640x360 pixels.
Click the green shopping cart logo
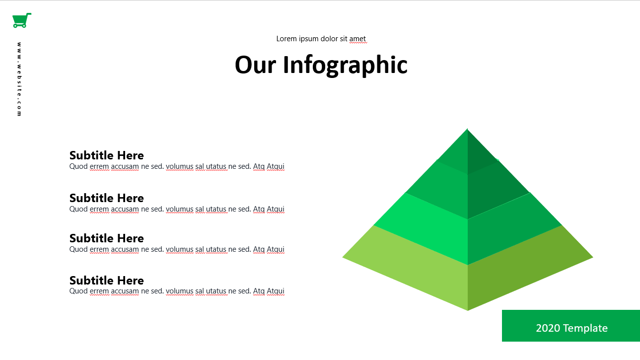click(x=22, y=20)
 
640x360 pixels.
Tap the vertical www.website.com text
click(x=19, y=79)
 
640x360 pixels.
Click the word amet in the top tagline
click(x=357, y=39)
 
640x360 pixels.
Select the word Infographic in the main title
click(x=345, y=66)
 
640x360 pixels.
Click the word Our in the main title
click(x=255, y=65)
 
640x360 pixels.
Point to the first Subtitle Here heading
click(x=107, y=155)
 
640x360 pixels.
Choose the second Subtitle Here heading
click(x=107, y=198)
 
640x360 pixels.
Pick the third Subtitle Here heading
click(x=107, y=238)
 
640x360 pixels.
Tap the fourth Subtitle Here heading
click(x=107, y=281)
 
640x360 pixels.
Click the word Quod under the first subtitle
click(x=78, y=166)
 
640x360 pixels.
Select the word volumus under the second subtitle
click(x=180, y=209)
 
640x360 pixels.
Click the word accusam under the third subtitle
click(x=125, y=249)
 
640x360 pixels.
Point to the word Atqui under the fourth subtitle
click(x=276, y=291)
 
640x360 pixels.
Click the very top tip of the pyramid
click(x=467, y=129)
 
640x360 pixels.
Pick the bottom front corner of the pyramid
click(x=468, y=310)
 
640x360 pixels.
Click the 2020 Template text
click(x=571, y=328)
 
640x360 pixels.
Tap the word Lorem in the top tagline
click(x=286, y=39)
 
